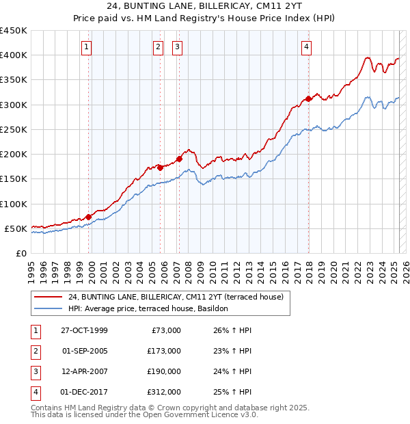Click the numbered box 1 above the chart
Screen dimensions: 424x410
[88, 47]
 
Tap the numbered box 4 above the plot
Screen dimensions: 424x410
[307, 47]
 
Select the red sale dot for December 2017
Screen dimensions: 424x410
[309, 98]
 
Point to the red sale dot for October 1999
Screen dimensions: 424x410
[89, 217]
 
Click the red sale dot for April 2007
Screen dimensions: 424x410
[179, 159]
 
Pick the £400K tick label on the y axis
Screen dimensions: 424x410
[14, 55]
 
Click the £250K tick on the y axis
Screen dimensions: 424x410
[14, 129]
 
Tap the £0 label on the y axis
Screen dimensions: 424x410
[21, 253]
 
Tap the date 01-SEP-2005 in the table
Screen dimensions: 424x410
[84, 351]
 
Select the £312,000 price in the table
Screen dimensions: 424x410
[164, 392]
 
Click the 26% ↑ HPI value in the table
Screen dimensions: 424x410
[228, 330]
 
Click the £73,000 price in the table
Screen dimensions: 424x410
[166, 330]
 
